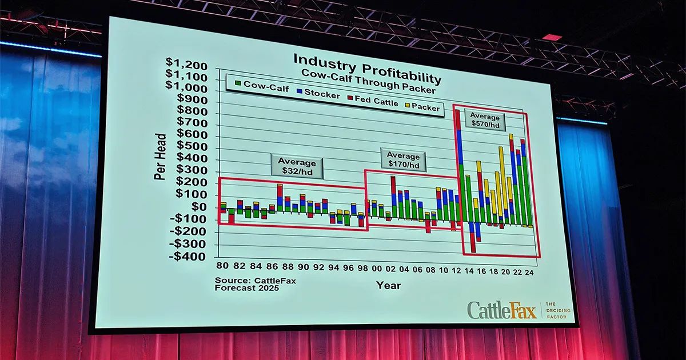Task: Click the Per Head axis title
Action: pos(160,157)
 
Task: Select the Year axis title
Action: pos(388,285)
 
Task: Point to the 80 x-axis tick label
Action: pos(221,266)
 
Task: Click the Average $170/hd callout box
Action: pos(403,161)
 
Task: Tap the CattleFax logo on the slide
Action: pos(502,310)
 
